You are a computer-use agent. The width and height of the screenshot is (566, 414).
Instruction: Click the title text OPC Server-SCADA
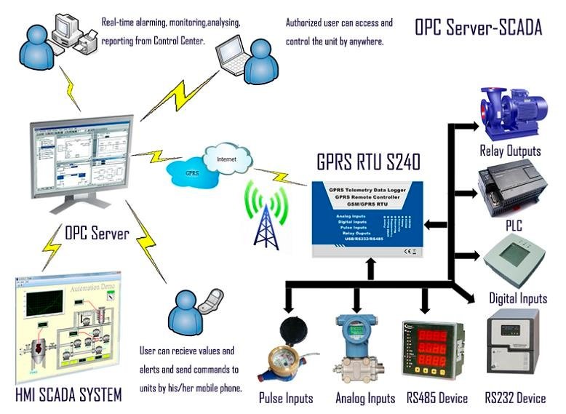tap(478, 28)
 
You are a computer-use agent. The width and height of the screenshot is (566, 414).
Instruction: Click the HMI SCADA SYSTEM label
tap(68, 395)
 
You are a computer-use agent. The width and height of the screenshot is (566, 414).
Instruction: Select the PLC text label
tap(514, 226)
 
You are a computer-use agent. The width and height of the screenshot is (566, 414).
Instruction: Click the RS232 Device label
tap(515, 398)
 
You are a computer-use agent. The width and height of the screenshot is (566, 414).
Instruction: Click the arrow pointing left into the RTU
tap(435, 225)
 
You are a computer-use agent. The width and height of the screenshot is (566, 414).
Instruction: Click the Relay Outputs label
tap(510, 151)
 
